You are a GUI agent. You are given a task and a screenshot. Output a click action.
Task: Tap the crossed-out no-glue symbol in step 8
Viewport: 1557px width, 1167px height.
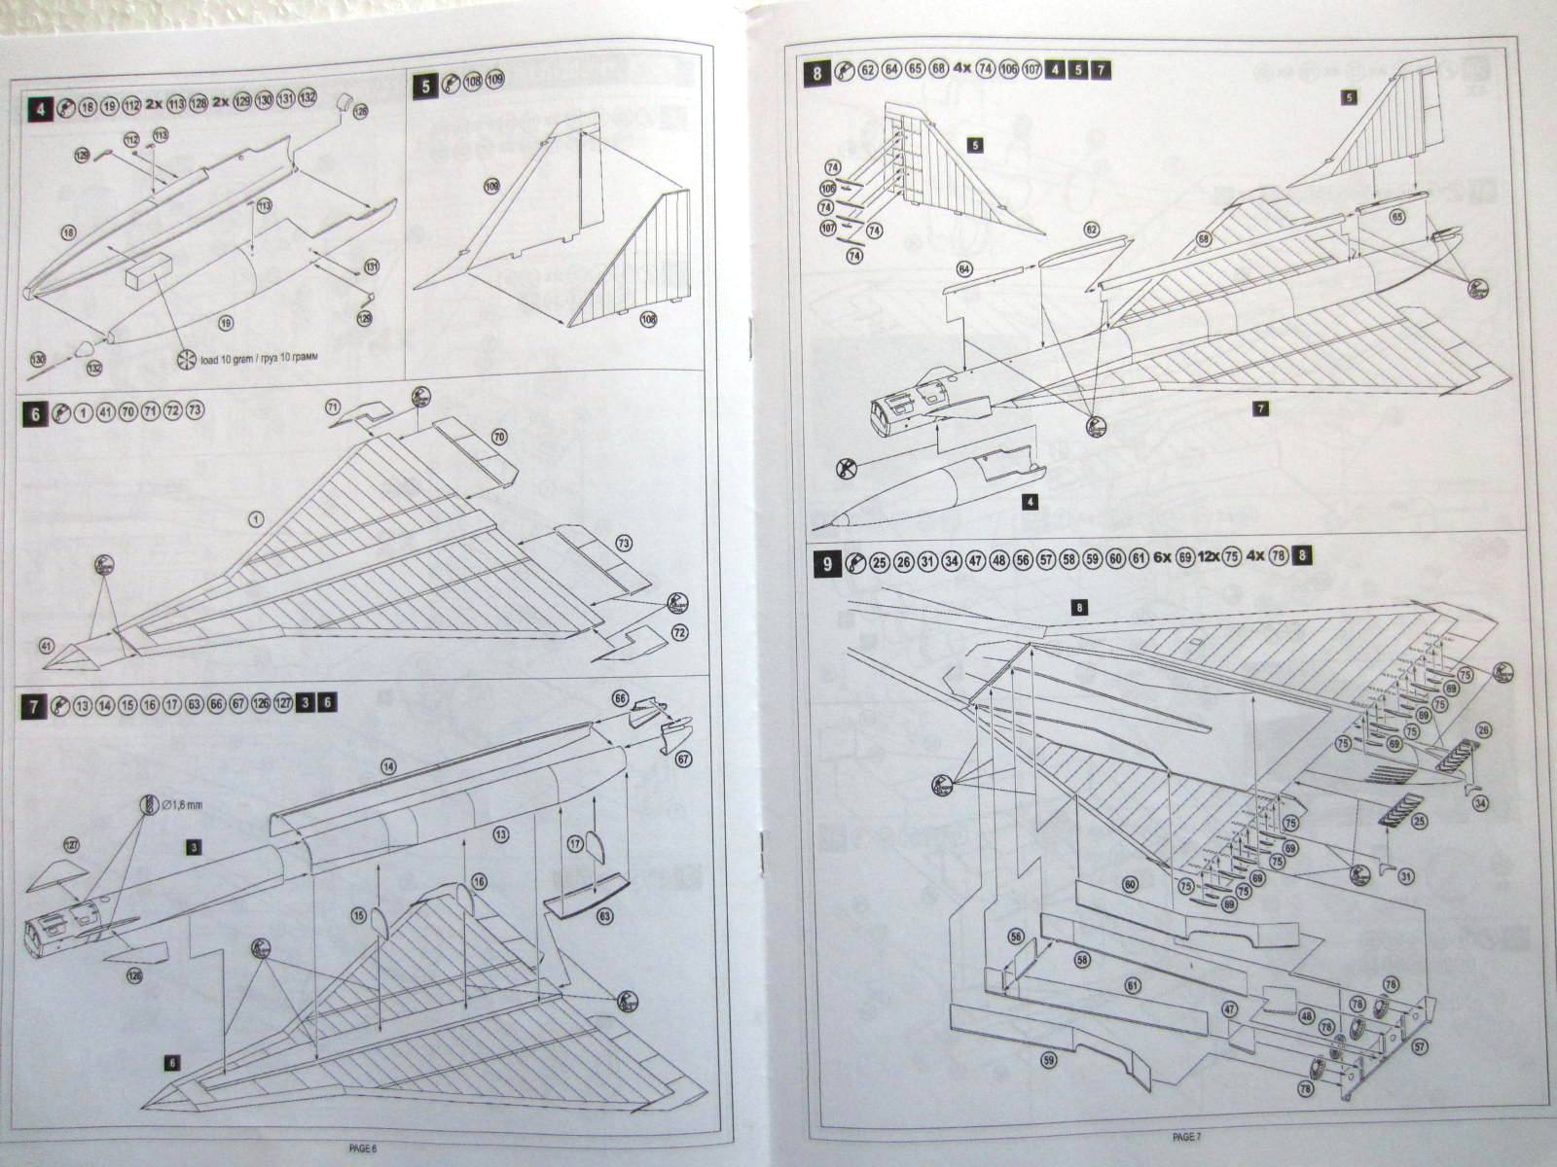(846, 469)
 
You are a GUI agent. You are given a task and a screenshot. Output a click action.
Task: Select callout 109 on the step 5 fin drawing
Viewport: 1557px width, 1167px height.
(490, 184)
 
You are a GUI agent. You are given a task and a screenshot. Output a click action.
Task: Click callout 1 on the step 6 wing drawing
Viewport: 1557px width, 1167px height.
(254, 519)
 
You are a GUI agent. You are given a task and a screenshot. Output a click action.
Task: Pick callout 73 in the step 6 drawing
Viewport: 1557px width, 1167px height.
(624, 541)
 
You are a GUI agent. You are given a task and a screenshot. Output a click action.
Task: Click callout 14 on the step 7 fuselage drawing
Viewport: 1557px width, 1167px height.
(388, 767)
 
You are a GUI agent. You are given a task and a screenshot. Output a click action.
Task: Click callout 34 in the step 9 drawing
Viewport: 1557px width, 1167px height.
(1480, 802)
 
